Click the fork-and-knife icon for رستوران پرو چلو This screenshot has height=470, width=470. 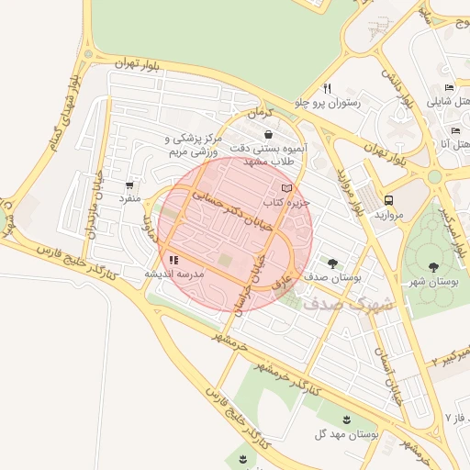click(326, 89)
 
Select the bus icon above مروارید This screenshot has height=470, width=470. click(389, 199)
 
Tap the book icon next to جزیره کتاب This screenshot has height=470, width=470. click(285, 187)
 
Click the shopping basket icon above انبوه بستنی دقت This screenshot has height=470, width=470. click(267, 134)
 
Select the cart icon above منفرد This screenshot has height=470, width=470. click(129, 185)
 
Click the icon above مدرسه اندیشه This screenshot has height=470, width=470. click(174, 260)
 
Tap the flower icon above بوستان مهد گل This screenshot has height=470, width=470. click(347, 419)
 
